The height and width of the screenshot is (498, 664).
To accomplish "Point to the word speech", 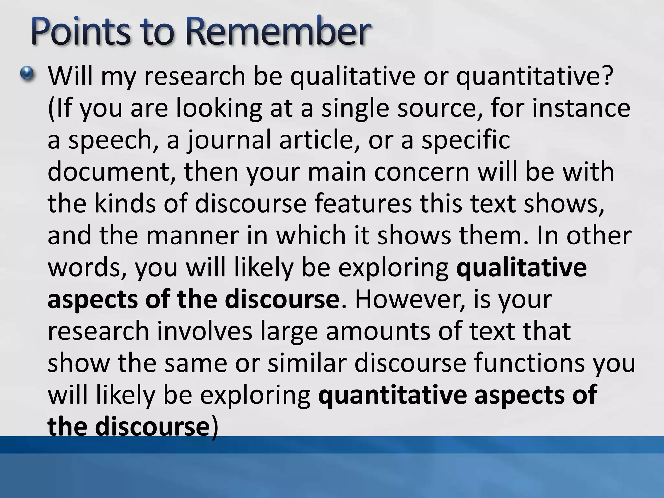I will [110, 140].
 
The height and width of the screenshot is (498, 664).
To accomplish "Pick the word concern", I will [421, 172].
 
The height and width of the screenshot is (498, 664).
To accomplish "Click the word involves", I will [205, 331].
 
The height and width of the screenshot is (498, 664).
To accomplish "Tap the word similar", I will [307, 362].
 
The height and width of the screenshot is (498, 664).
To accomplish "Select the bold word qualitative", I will [521, 267].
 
